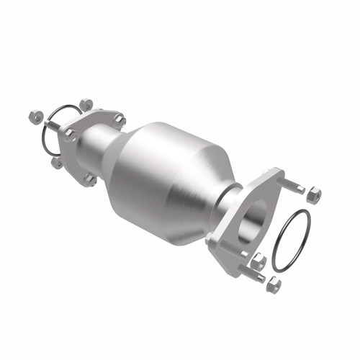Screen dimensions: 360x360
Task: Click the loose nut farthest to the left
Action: pos(34,114)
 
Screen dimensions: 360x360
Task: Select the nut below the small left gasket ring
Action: pos(57,163)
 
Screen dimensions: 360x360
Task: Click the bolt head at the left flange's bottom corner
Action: pos(90,178)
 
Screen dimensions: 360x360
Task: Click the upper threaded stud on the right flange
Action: pos(292,185)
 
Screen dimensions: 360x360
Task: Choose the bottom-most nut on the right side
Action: pos(273,286)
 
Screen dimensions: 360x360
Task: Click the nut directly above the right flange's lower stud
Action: pos(258,260)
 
